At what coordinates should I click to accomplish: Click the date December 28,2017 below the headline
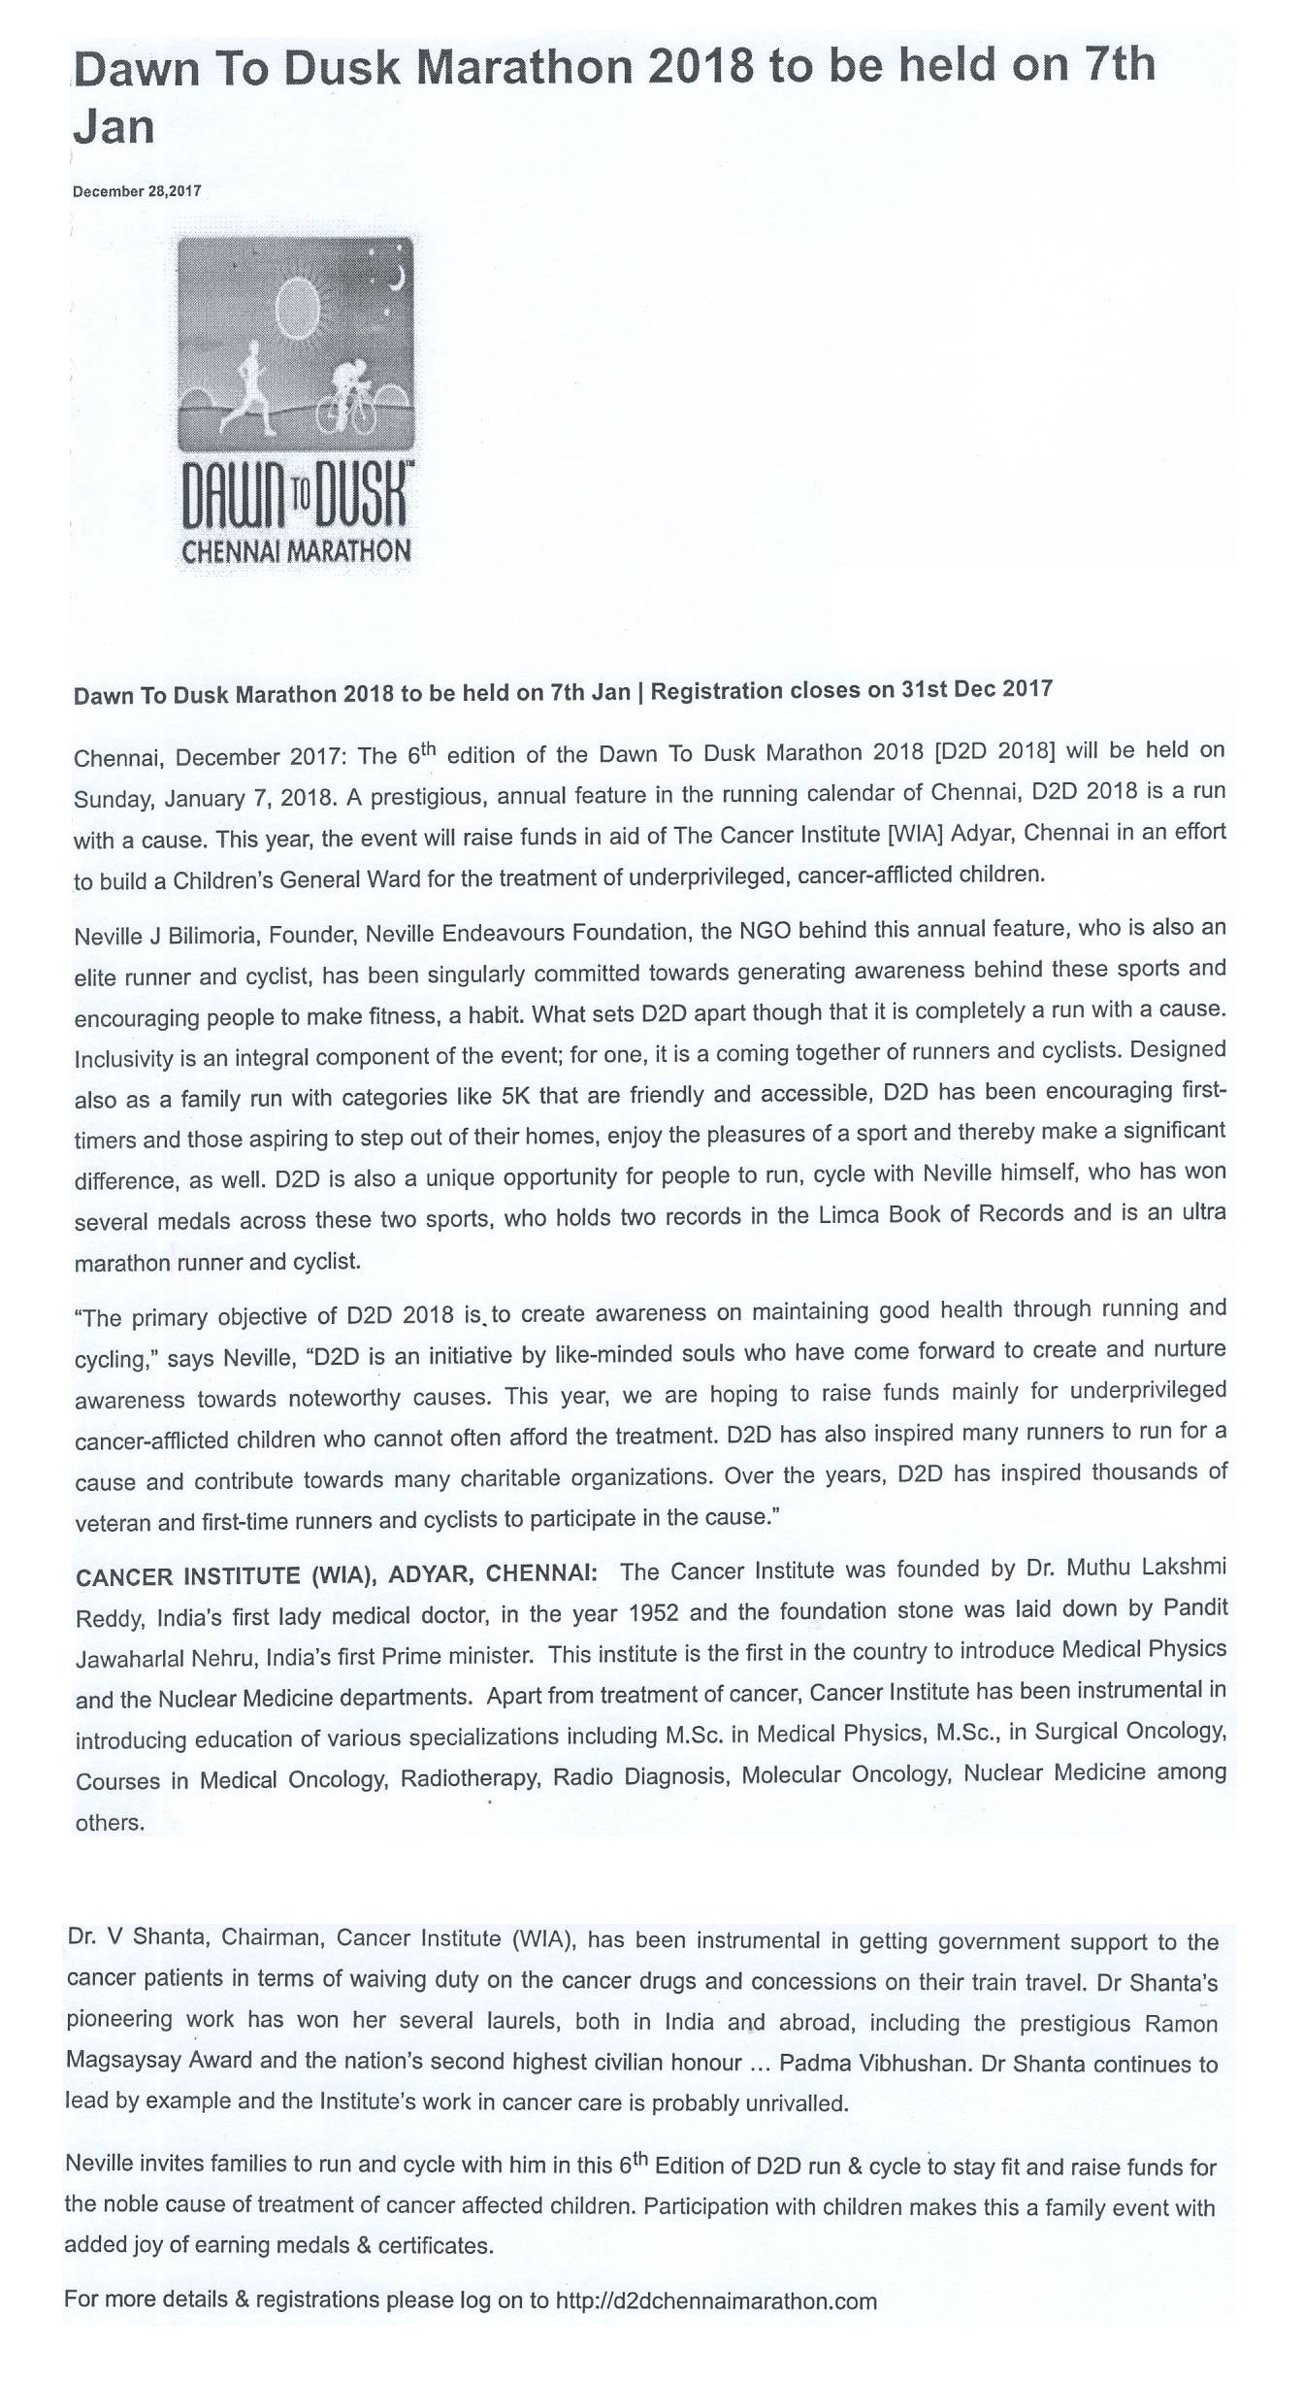click(137, 191)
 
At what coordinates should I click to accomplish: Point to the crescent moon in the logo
click(395, 280)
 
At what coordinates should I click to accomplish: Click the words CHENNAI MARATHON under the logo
click(297, 551)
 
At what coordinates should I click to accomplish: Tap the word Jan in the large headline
click(114, 126)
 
